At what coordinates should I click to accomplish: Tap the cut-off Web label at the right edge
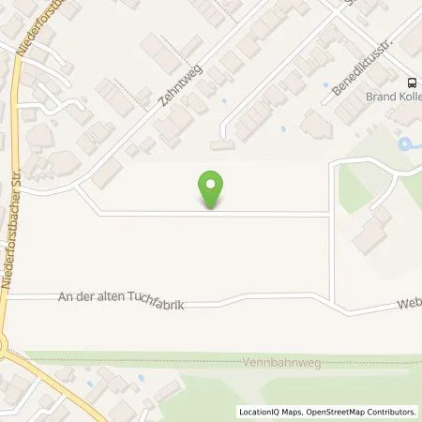409,303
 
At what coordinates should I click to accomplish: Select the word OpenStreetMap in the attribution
333,411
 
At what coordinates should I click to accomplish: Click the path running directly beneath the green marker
213,214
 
